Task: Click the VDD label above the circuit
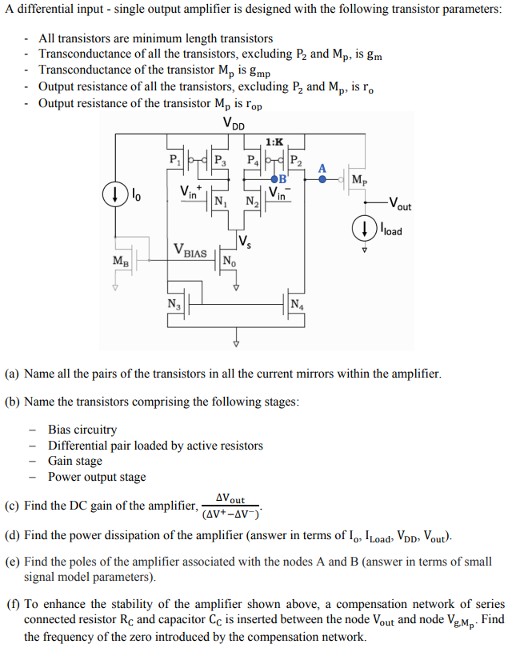234,124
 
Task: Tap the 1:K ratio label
274,142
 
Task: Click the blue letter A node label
322,168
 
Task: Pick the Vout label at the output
398,205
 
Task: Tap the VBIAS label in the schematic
190,250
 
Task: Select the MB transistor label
119,260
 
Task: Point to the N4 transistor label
296,302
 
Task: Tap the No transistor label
229,262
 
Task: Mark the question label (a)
13,374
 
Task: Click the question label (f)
12,604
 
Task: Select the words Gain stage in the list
75,461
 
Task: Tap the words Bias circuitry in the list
82,430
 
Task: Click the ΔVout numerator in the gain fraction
232,499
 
